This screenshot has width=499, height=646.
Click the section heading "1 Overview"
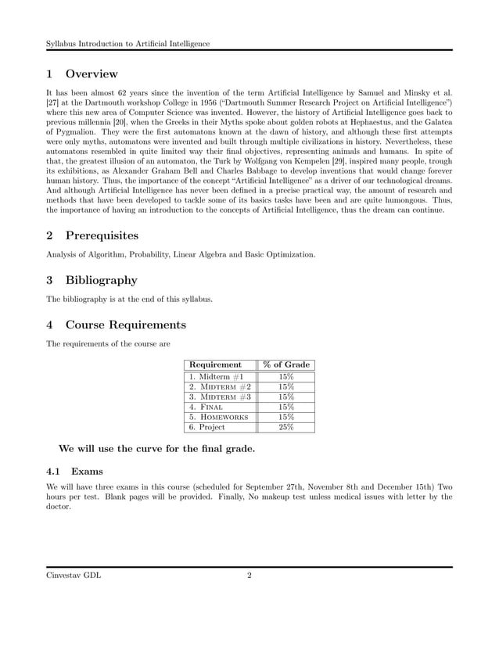[x=82, y=74]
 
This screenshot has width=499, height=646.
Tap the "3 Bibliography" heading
[x=92, y=280]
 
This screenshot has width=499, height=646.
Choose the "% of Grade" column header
[x=286, y=364]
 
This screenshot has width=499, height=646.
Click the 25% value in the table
[x=286, y=427]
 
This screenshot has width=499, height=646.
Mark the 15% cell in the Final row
[x=286, y=407]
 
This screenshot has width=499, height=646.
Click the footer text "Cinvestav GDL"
[x=74, y=576]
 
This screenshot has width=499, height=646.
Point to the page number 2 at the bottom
[x=249, y=576]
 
